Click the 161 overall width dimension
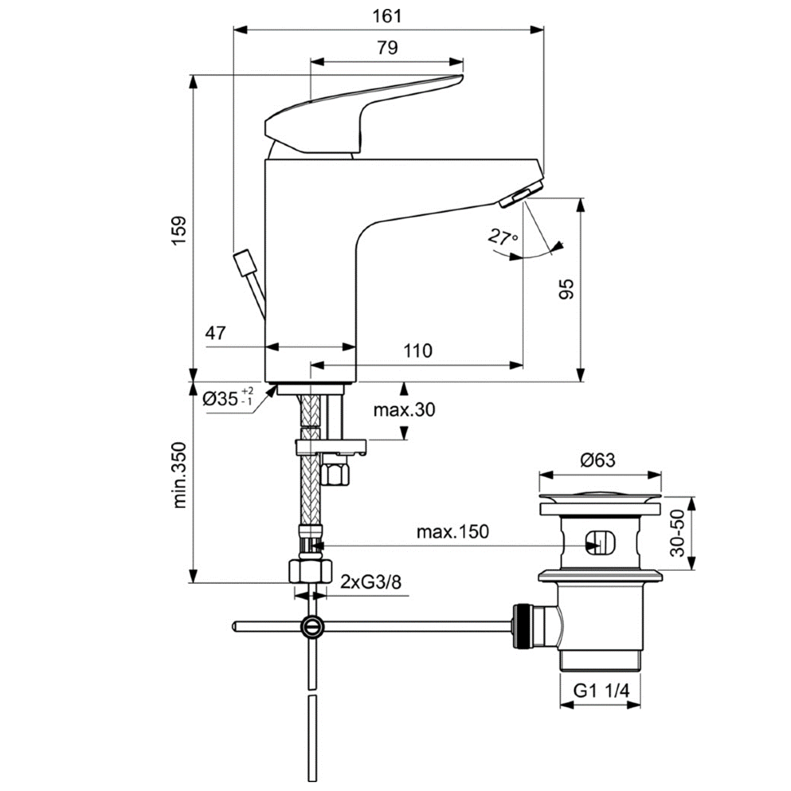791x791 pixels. click(x=387, y=16)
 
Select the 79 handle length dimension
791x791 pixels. click(x=387, y=48)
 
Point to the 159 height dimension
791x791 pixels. click(x=179, y=230)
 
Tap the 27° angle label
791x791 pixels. click(x=502, y=237)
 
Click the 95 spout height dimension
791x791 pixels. click(x=567, y=289)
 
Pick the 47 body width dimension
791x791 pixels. click(x=215, y=333)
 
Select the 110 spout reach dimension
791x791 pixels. click(x=418, y=351)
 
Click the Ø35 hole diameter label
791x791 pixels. click(x=228, y=398)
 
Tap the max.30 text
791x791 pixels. click(x=404, y=409)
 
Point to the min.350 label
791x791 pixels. click(x=179, y=475)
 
